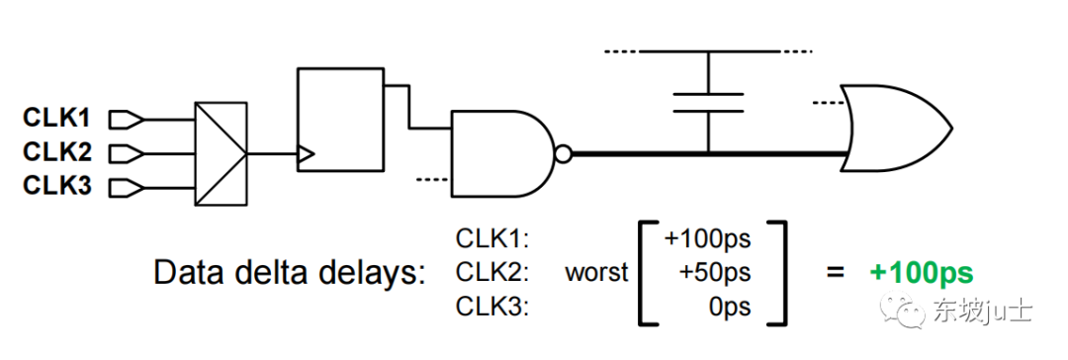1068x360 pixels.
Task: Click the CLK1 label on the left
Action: pyautogui.click(x=56, y=119)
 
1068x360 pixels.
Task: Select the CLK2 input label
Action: pyautogui.click(x=56, y=152)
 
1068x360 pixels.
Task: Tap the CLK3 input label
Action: pyautogui.click(x=56, y=186)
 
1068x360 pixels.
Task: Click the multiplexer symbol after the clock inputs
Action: pyautogui.click(x=221, y=154)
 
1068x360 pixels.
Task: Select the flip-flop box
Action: pyautogui.click(x=339, y=118)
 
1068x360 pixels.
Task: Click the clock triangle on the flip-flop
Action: pyautogui.click(x=306, y=154)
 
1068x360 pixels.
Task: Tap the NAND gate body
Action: pyautogui.click(x=499, y=153)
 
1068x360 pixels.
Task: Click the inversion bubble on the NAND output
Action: pyautogui.click(x=563, y=154)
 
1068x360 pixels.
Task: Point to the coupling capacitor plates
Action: pyautogui.click(x=708, y=102)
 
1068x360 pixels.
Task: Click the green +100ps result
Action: pyautogui.click(x=922, y=273)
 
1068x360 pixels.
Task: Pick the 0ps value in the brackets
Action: pyautogui.click(x=730, y=307)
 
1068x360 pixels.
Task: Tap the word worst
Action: pyautogui.click(x=596, y=273)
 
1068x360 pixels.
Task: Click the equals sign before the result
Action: pyautogui.click(x=837, y=273)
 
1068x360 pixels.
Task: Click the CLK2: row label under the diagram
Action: pyautogui.click(x=492, y=273)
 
